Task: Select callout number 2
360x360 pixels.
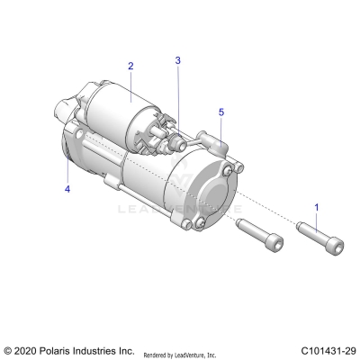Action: pyautogui.click(x=130, y=67)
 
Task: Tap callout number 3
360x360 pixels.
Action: pyautogui.click(x=178, y=60)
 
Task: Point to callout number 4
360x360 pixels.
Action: pyautogui.click(x=67, y=189)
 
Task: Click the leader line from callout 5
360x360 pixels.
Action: pyautogui.click(x=221, y=129)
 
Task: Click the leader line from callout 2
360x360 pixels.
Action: pyautogui.click(x=131, y=81)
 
